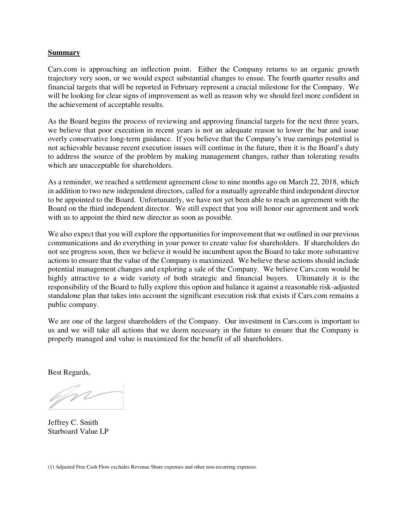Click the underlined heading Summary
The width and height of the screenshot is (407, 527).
click(64, 52)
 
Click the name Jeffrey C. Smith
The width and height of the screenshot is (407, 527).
click(73, 423)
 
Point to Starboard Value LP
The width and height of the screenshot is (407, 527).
click(78, 432)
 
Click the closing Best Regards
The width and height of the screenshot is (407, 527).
click(69, 372)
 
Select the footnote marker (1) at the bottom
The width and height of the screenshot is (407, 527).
click(51, 467)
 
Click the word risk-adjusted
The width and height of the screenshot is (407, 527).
click(338, 287)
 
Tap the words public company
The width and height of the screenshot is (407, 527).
click(73, 304)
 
